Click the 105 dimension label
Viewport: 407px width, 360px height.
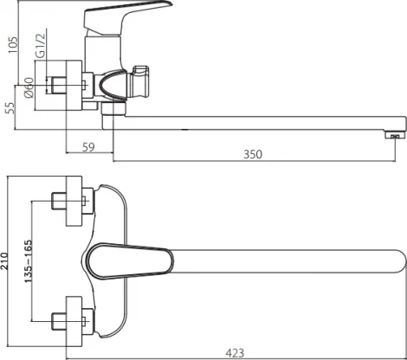pyautogui.click(x=13, y=45)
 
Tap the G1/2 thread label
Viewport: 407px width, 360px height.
pyautogui.click(x=41, y=45)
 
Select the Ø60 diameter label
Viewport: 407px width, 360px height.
pyautogui.click(x=29, y=87)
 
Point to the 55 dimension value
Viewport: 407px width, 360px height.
pyautogui.click(x=10, y=108)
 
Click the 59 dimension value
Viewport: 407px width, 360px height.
pyautogui.click(x=88, y=147)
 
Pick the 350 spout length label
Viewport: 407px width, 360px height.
pyautogui.click(x=253, y=154)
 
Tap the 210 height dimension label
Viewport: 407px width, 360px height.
pyautogui.click(x=4, y=261)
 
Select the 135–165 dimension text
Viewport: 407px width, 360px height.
pyautogui.click(x=29, y=261)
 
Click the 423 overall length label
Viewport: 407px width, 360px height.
pyautogui.click(x=235, y=353)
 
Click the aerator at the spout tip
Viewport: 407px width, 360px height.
pyautogui.click(x=392, y=135)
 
